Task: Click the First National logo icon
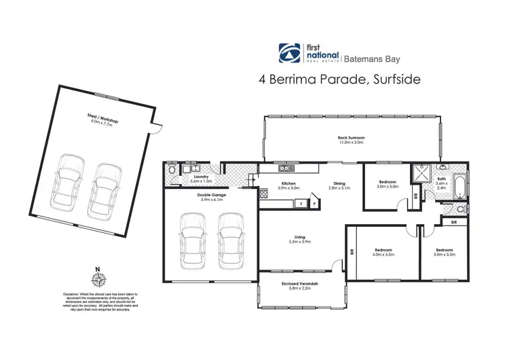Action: coord(288,52)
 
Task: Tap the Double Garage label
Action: coord(210,194)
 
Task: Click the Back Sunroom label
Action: coord(352,139)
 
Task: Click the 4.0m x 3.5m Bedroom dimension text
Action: coord(382,255)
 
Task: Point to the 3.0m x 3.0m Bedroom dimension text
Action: coord(389,186)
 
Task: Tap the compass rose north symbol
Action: coord(99,278)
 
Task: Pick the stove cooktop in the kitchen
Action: coord(262,194)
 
